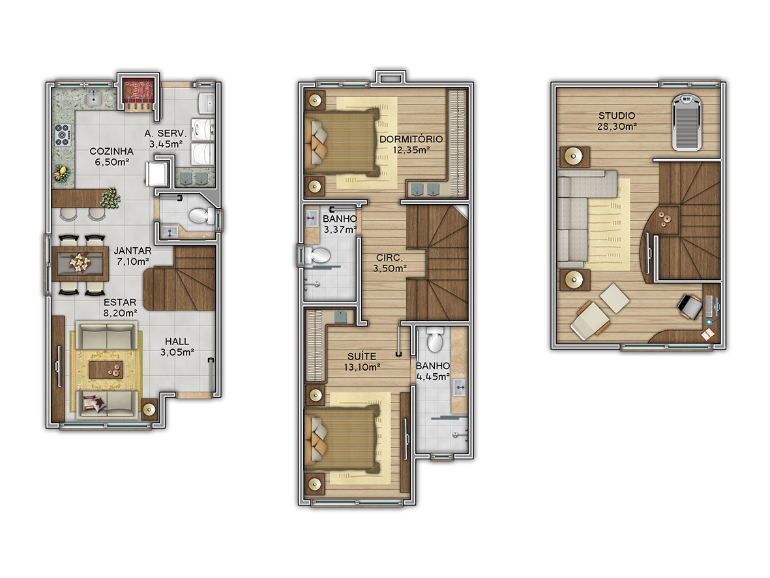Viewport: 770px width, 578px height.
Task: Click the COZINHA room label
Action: click(x=111, y=151)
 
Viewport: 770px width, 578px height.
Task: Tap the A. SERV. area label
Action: click(x=165, y=133)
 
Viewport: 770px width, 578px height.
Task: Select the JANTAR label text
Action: click(x=132, y=251)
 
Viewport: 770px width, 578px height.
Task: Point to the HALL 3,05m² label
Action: click(x=177, y=346)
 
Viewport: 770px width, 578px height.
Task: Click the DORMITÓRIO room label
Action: click(x=411, y=139)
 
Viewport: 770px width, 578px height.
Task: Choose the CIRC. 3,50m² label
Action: click(x=389, y=263)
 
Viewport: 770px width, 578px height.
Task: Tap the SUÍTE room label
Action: click(x=362, y=356)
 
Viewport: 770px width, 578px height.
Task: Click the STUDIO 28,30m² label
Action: click(x=617, y=121)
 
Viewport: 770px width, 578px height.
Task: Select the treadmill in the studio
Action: click(x=687, y=123)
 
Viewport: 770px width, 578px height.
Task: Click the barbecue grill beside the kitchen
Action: click(x=138, y=94)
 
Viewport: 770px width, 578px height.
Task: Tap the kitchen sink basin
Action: click(x=93, y=99)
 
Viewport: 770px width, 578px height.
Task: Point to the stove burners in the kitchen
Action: click(x=63, y=134)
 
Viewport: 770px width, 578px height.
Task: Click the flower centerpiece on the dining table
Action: click(x=80, y=262)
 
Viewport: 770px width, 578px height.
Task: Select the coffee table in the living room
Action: click(x=106, y=370)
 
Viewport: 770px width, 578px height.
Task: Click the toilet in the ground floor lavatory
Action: click(x=201, y=216)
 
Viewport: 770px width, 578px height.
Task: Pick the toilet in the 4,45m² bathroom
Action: click(x=435, y=340)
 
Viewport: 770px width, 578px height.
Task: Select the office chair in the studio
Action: click(x=690, y=306)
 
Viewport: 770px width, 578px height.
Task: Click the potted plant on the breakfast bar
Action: click(x=110, y=198)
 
